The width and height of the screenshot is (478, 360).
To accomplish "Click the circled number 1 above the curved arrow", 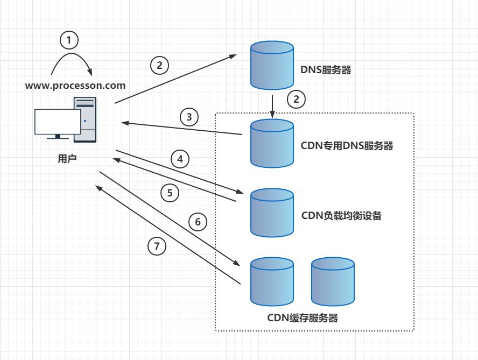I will point(69,39).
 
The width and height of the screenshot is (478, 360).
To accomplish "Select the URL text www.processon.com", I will point(75,85).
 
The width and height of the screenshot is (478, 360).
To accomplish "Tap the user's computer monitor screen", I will point(58,122).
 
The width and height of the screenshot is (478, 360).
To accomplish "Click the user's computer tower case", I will point(85,119).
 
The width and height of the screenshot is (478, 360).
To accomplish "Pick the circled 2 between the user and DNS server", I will point(159,66).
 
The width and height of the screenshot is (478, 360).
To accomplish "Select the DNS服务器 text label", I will point(325,70).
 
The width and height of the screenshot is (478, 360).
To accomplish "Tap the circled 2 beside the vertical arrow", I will point(296,99).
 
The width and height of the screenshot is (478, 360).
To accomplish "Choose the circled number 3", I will point(189,117).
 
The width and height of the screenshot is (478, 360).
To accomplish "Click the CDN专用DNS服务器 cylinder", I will point(272,143).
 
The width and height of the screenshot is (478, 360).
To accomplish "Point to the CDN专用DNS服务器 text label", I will point(347,146).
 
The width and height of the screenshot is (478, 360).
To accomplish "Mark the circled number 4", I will point(180,159).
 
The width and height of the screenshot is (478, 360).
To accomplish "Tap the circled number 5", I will point(170,193).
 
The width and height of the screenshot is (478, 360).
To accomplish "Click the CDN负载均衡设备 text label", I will point(341,216).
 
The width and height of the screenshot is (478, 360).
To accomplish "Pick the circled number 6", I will point(198,222).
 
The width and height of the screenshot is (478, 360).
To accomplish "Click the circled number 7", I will point(157,246).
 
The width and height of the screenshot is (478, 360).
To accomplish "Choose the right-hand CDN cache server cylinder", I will point(333,281).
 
